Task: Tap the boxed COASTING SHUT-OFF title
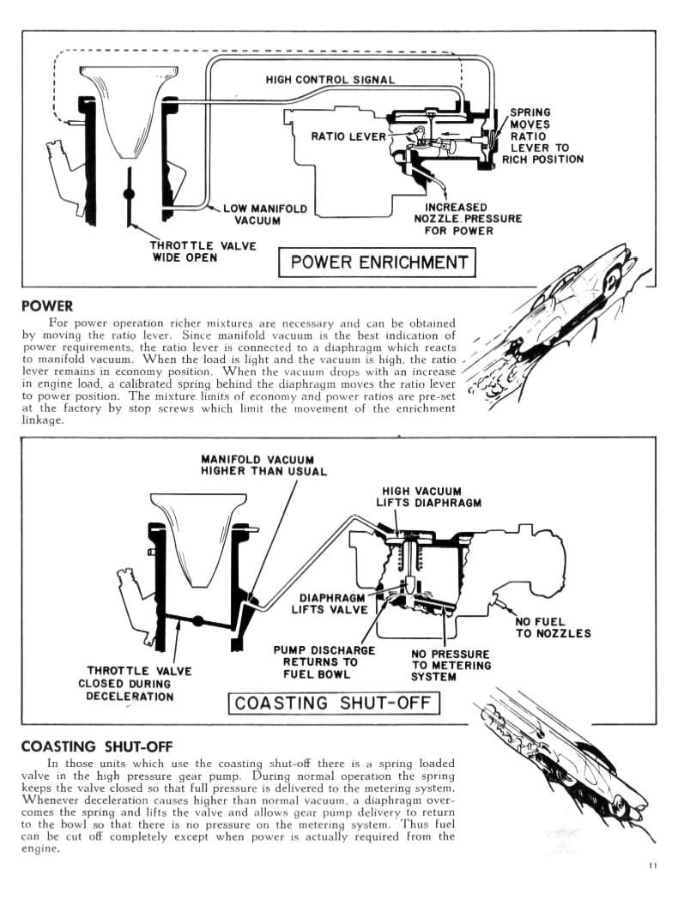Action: (x=333, y=704)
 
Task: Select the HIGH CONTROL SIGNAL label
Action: (x=330, y=80)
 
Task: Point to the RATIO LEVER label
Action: (x=348, y=136)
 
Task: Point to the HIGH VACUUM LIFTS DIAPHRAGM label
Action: (x=427, y=497)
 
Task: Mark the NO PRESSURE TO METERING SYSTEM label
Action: (x=451, y=665)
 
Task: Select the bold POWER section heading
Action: (x=46, y=305)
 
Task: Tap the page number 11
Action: (x=654, y=865)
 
